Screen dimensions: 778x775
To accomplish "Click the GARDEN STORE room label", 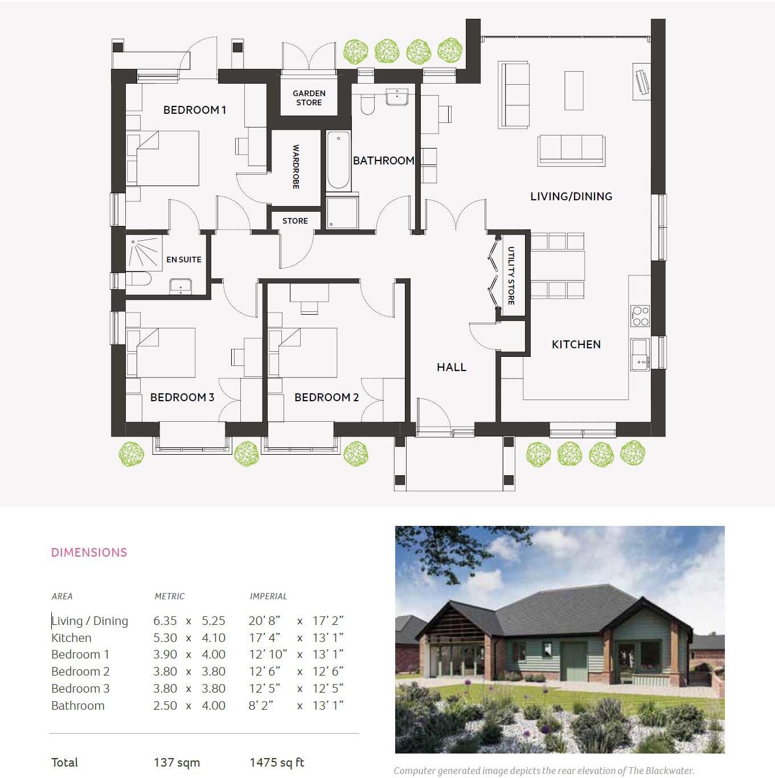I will [x=309, y=98].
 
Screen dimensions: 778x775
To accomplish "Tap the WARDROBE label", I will [x=296, y=167].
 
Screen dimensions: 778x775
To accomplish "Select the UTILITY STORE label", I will [x=511, y=275].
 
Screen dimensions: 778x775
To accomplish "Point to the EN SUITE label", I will [x=183, y=260].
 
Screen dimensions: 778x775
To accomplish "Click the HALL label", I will [x=452, y=367].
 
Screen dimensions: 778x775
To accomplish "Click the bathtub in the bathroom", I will [x=338, y=161].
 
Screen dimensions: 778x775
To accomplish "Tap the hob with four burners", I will [x=641, y=316].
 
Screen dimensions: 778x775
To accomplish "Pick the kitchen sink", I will [x=640, y=354].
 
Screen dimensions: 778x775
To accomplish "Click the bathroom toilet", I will [x=367, y=104].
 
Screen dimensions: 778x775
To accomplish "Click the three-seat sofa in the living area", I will [x=571, y=149].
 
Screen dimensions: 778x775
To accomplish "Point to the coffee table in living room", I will [x=574, y=90].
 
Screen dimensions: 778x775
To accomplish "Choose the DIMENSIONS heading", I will [x=89, y=552].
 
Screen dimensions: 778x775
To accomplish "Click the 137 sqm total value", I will [x=177, y=763].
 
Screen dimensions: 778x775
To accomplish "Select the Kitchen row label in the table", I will [x=71, y=637].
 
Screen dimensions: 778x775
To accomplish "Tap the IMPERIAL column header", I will [x=268, y=596].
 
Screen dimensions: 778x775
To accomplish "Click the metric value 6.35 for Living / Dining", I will [x=165, y=621].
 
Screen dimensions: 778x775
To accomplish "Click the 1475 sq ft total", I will [x=277, y=763].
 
